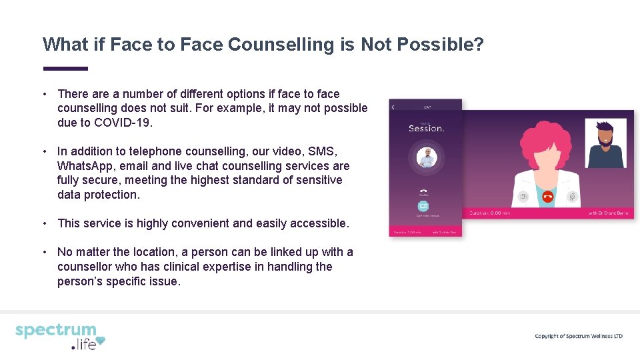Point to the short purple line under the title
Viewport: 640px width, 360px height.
(65, 68)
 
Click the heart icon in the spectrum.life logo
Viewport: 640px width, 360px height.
(100, 343)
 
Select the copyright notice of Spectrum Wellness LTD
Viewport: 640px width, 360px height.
(578, 336)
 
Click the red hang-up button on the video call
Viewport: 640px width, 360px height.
(548, 197)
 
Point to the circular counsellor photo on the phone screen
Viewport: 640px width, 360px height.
(425, 158)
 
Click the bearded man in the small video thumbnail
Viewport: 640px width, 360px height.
(605, 143)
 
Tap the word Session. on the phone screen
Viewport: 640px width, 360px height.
(426, 128)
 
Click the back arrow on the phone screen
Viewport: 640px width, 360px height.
(393, 107)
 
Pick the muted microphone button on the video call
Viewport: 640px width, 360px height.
(571, 197)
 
